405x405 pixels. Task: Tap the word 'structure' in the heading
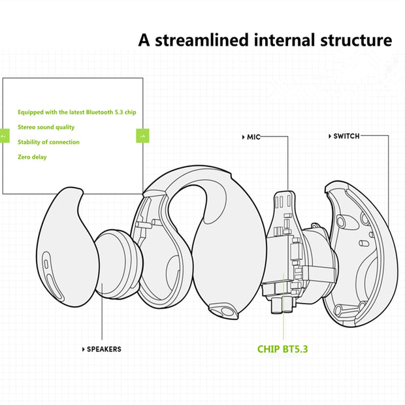pyautogui.click(x=354, y=40)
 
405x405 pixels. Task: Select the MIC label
pyautogui.click(x=253, y=137)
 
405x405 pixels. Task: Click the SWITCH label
pyautogui.click(x=346, y=137)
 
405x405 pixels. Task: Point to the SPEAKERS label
pyautogui.click(x=104, y=349)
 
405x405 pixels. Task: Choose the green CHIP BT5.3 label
pyautogui.click(x=282, y=348)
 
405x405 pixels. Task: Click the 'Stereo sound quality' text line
pyautogui.click(x=46, y=127)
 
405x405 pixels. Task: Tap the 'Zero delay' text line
pyautogui.click(x=32, y=157)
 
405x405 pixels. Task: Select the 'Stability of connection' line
pyautogui.click(x=48, y=142)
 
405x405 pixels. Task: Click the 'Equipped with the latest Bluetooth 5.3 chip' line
pyautogui.click(x=76, y=112)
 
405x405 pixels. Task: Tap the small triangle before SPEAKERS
pyautogui.click(x=83, y=349)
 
